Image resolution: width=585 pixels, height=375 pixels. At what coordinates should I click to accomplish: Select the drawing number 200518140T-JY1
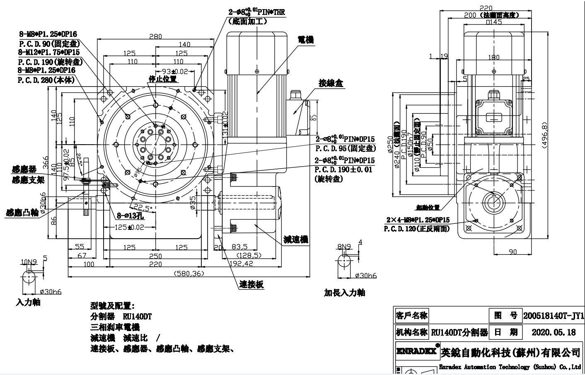[x=554, y=316]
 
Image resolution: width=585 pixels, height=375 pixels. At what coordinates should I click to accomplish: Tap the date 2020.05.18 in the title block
[x=554, y=332]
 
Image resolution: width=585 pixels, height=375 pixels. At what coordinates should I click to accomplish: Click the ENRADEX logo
[x=417, y=351]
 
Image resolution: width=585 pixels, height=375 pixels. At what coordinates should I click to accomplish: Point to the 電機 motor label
[x=306, y=40]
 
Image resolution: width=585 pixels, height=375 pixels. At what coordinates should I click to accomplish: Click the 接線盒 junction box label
[x=331, y=83]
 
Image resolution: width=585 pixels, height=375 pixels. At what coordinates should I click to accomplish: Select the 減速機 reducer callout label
[x=296, y=240]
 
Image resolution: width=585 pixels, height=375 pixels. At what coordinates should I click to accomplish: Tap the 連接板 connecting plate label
[x=251, y=285]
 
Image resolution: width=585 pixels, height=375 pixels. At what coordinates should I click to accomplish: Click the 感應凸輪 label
[x=22, y=213]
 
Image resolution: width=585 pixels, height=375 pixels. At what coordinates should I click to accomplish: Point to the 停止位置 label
[x=163, y=79]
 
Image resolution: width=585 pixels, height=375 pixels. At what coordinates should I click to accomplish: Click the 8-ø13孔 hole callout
[x=130, y=215]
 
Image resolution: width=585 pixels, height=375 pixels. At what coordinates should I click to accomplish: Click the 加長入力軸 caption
[x=344, y=293]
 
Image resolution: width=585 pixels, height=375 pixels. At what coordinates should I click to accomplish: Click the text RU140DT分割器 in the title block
[x=460, y=332]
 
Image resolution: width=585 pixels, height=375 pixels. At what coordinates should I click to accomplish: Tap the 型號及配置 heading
[x=112, y=306]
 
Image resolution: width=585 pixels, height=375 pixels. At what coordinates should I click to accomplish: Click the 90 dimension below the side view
[x=512, y=252]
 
